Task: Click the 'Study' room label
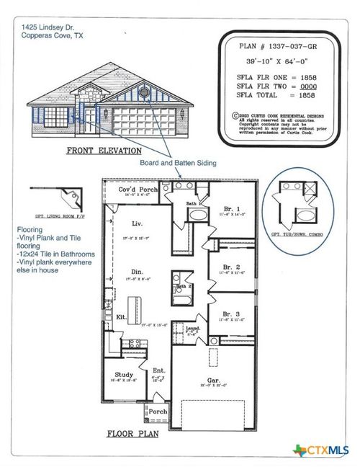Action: click(x=122, y=375)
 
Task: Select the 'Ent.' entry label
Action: click(x=158, y=370)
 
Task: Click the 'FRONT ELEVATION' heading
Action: click(x=99, y=151)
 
